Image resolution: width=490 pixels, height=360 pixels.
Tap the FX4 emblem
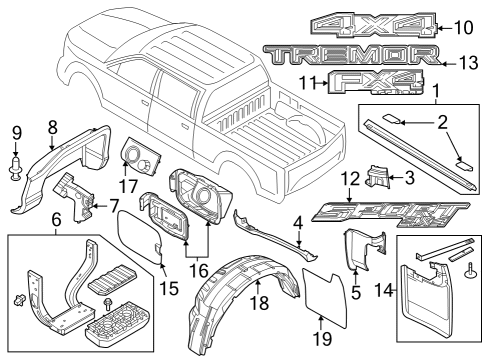361,84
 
